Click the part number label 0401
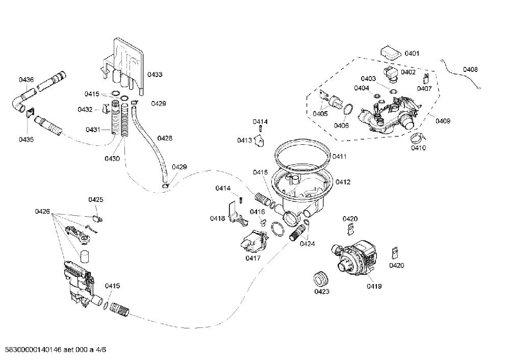[412, 54]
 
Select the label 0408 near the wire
[470, 69]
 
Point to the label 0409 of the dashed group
[443, 121]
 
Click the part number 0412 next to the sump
[343, 182]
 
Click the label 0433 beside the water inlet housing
[155, 74]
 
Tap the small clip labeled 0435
[30, 113]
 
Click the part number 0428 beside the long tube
[165, 138]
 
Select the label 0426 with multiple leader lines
[42, 212]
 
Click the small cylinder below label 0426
[85, 257]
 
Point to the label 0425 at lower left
[96, 199]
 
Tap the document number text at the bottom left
[54, 350]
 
